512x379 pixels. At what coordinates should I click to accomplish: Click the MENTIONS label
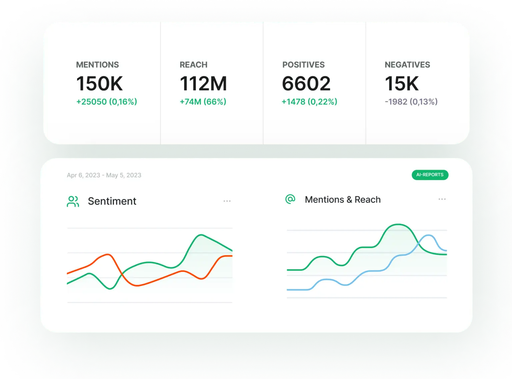pos(97,65)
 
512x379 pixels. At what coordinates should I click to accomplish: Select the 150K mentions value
pos(99,83)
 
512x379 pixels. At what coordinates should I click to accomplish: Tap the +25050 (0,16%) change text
pos(107,102)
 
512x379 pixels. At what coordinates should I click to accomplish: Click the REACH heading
pos(193,65)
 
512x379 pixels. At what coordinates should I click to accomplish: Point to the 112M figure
pos(203,83)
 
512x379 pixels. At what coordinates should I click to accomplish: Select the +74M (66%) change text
pos(203,102)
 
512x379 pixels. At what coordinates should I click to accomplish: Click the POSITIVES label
pos(303,65)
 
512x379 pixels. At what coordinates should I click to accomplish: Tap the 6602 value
pos(306,83)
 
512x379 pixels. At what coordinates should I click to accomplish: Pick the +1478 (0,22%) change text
pos(309,102)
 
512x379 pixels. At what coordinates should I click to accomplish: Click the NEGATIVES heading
pos(407,65)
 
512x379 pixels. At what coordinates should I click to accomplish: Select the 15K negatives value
pos(402,83)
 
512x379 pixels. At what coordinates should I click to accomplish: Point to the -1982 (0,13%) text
pos(411,102)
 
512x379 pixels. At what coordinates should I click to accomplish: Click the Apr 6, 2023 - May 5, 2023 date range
pos(104,175)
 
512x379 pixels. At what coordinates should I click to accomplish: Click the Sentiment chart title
pos(112,201)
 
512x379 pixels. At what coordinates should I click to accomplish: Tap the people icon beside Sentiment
pos(73,201)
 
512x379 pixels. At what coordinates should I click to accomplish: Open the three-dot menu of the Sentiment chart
pos(227,201)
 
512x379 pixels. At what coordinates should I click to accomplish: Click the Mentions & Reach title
pos(343,200)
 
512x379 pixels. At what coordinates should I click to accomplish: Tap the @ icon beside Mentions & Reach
pos(290,199)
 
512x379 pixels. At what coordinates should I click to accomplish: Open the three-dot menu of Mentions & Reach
pos(442,199)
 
